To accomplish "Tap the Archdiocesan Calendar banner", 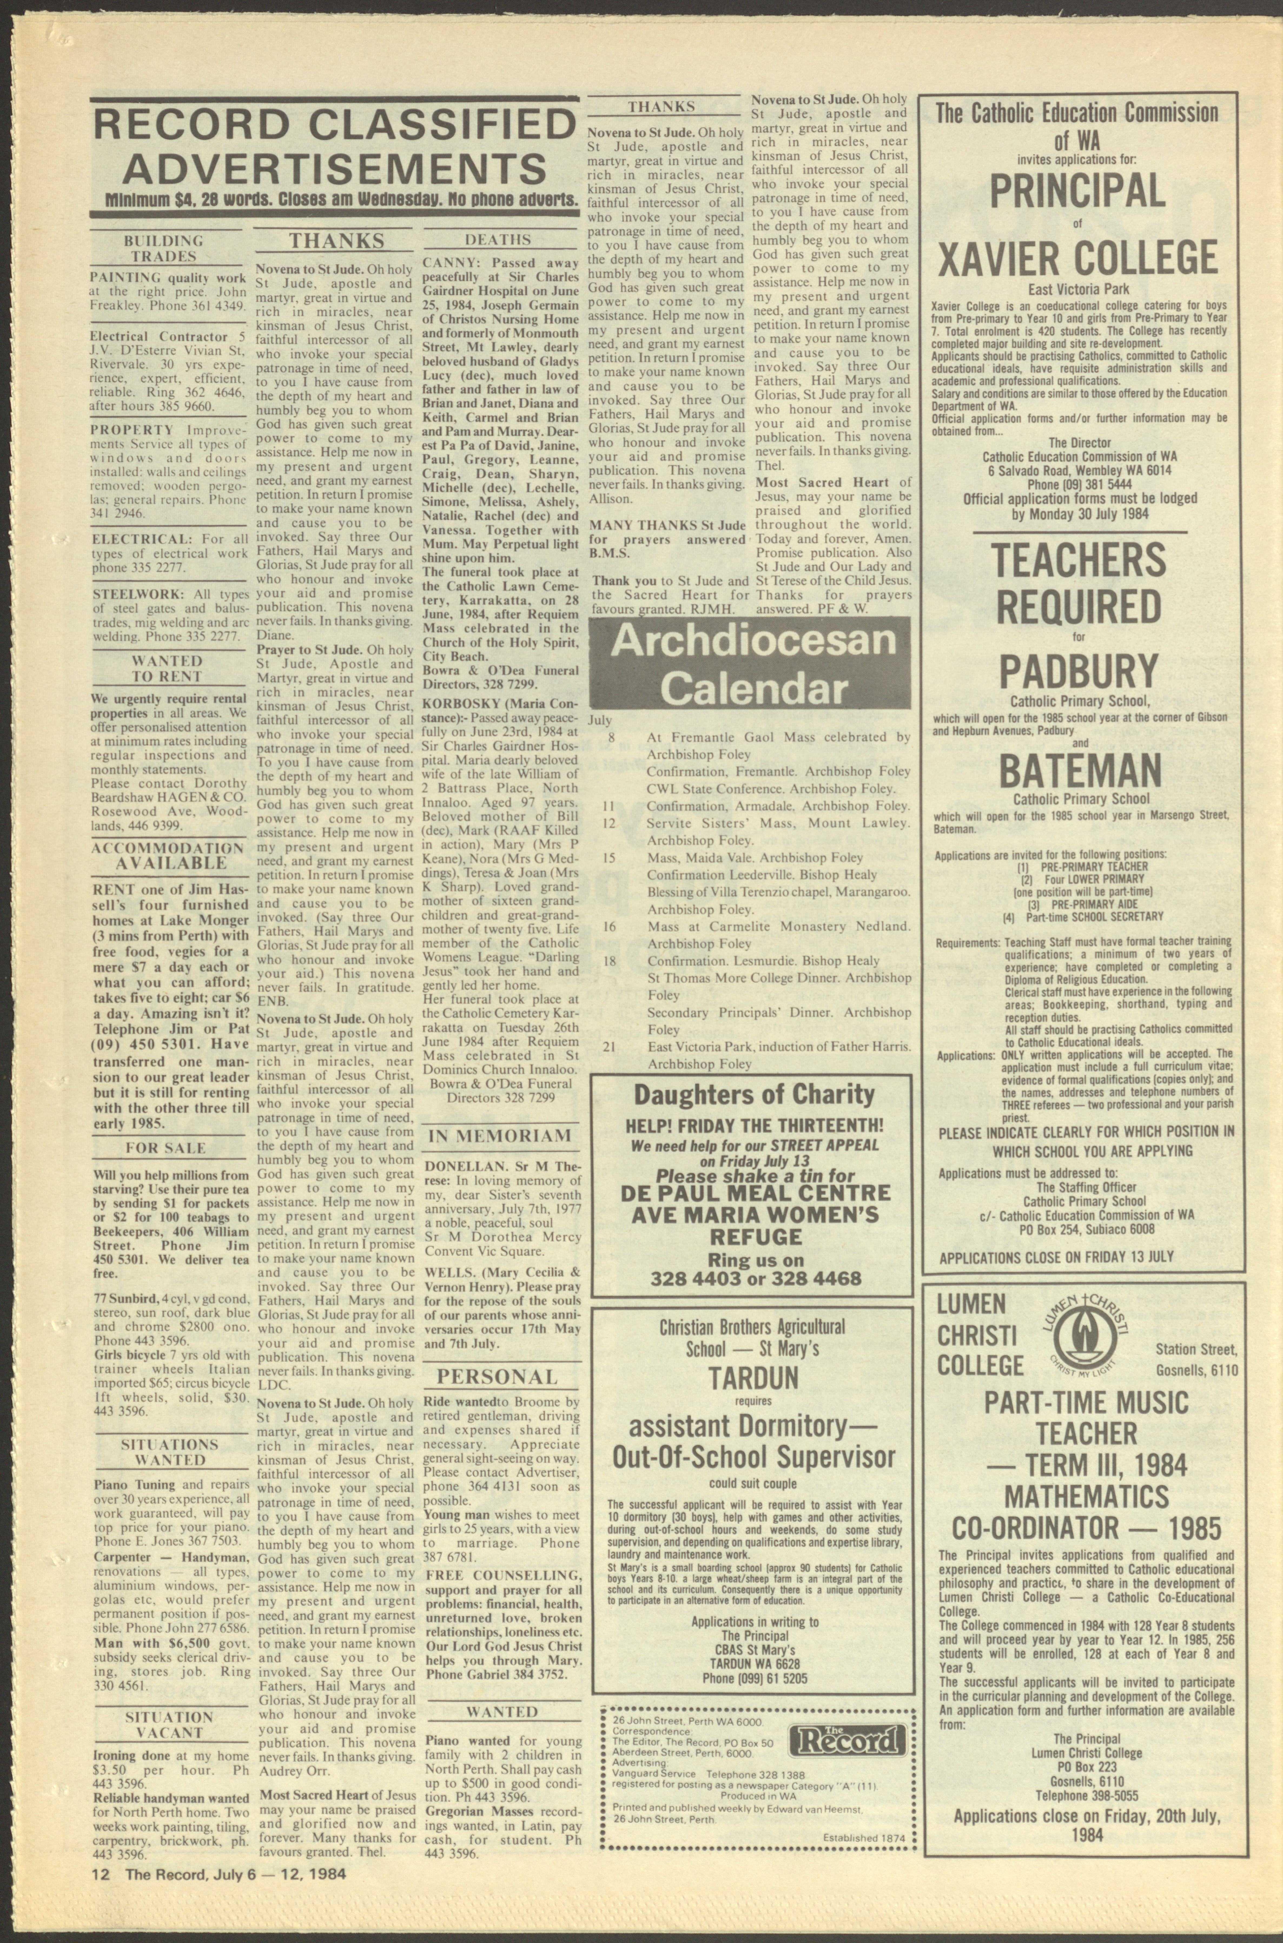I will (753, 664).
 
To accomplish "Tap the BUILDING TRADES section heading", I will (164, 248).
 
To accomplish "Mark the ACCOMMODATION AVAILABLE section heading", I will (168, 856).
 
